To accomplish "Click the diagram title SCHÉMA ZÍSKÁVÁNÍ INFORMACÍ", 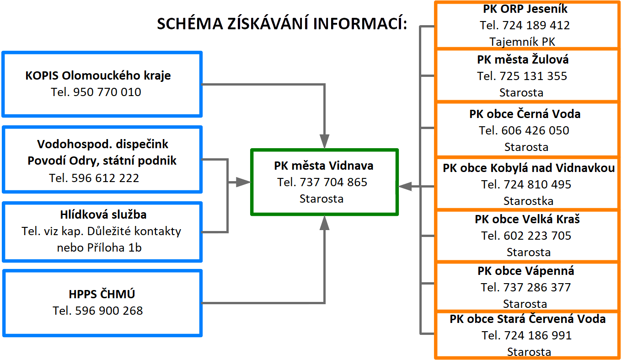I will click(x=282, y=24).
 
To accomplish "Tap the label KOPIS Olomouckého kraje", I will click(x=98, y=75).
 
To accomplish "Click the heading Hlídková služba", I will click(x=103, y=215).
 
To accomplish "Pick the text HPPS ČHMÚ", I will click(x=102, y=294).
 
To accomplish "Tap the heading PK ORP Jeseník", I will click(x=525, y=9).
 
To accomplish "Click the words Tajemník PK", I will click(x=522, y=42).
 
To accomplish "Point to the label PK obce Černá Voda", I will click(x=525, y=114).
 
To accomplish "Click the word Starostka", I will click(x=528, y=201).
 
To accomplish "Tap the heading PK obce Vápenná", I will click(x=526, y=271).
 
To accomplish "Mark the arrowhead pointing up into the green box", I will click(x=324, y=223).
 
